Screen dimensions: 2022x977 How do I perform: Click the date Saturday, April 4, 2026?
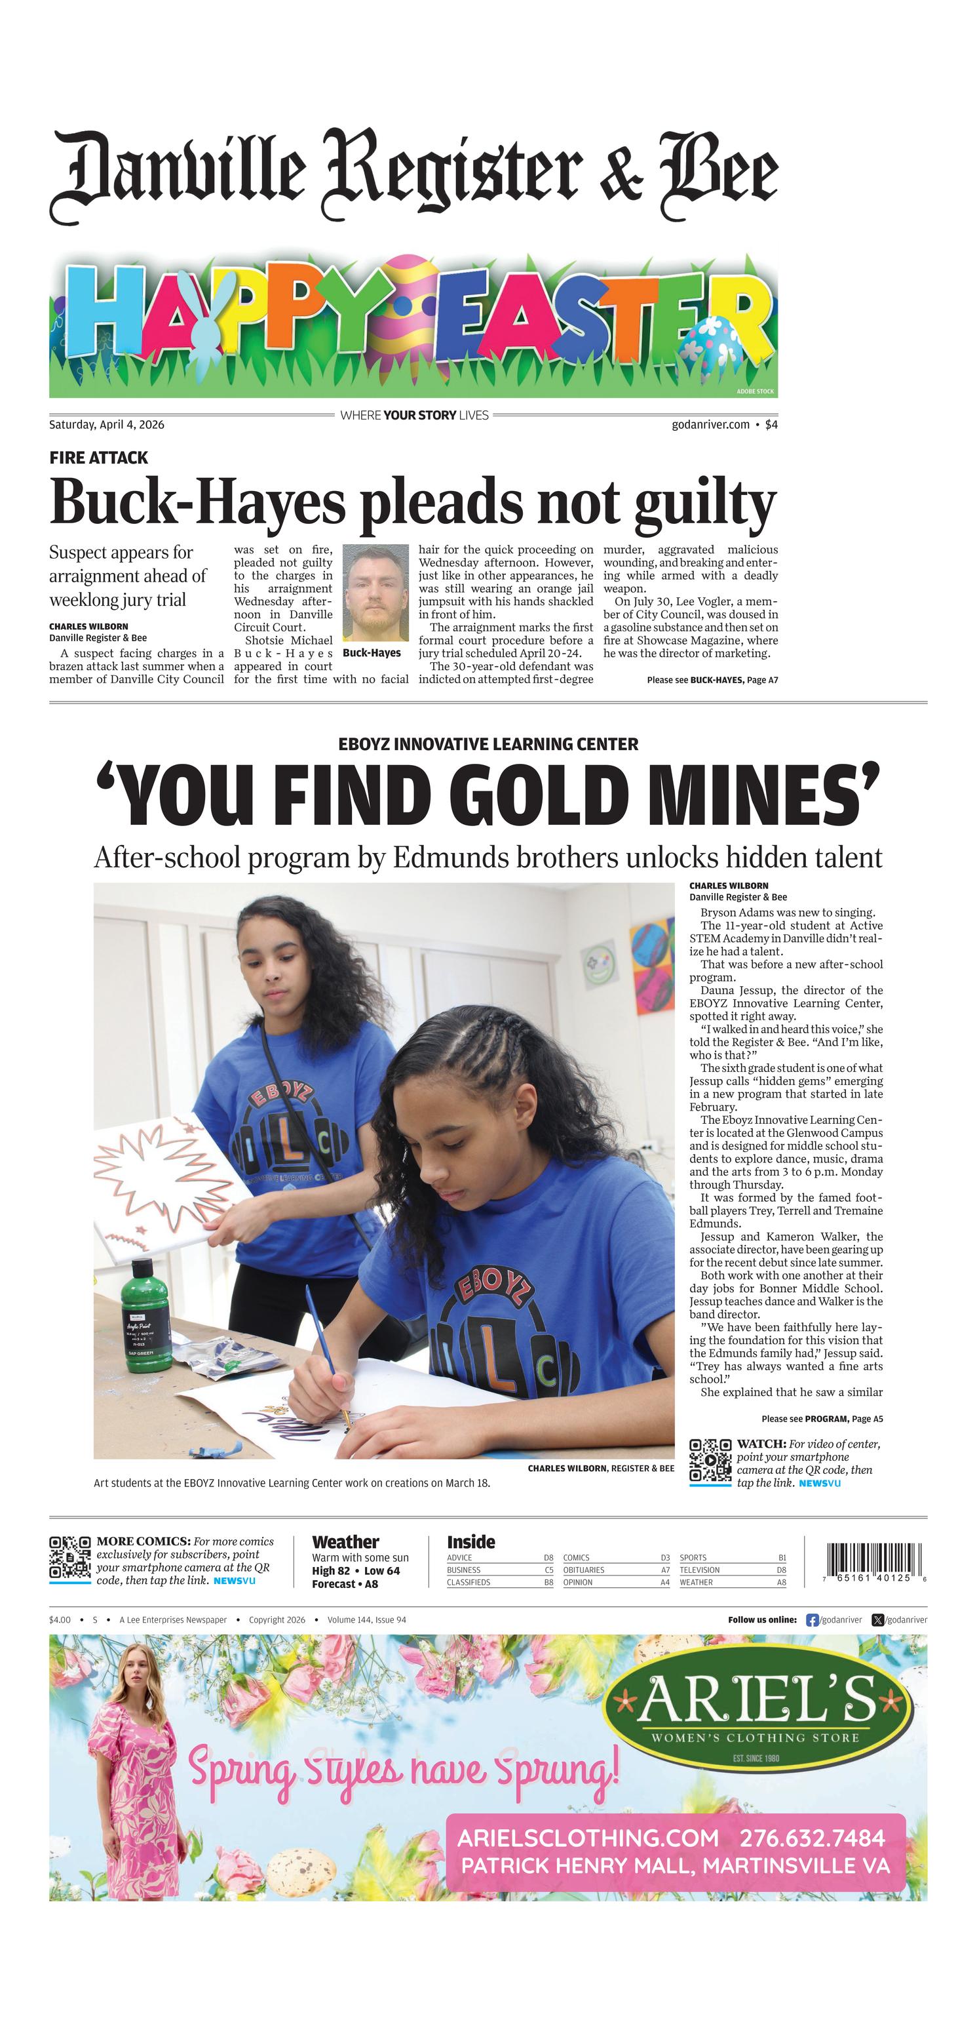coord(107,425)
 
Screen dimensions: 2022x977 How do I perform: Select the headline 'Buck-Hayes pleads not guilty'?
coord(413,502)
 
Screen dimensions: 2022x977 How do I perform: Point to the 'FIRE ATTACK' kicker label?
coord(98,458)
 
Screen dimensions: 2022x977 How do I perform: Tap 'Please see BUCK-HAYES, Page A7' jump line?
coord(712,680)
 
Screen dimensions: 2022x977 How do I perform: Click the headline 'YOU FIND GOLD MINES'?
coord(488,795)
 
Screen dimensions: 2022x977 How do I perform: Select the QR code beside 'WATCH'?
coord(710,1461)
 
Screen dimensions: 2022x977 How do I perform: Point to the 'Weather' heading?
coord(345,1541)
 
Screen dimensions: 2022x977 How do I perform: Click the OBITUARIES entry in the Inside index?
coord(584,1570)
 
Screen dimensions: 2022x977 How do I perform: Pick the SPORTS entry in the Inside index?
coord(693,1557)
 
